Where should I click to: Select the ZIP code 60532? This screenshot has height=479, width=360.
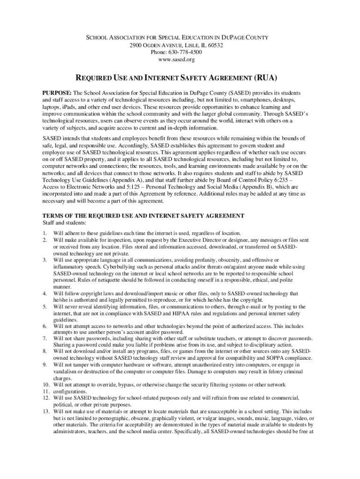214,45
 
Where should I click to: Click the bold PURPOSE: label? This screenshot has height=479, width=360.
57,93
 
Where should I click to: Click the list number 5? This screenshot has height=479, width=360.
44,307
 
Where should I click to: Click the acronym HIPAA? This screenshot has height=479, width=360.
204,313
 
